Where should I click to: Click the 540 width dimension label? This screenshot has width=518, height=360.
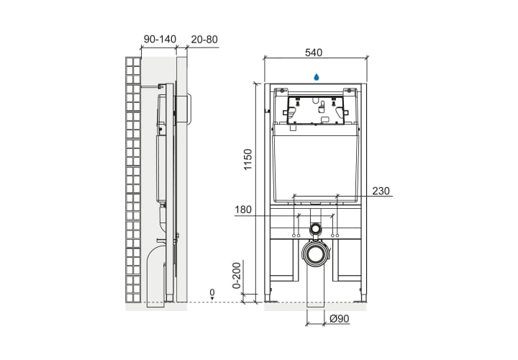(x=313, y=53)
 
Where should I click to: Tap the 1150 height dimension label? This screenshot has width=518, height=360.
(x=247, y=159)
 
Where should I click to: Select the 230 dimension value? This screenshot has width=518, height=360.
(x=381, y=191)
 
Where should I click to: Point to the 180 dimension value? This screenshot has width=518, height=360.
(x=243, y=210)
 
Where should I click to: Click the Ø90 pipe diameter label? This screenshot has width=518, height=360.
(x=340, y=319)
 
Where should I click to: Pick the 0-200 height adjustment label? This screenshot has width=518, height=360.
(x=237, y=275)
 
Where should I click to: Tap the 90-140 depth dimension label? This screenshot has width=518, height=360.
(x=160, y=40)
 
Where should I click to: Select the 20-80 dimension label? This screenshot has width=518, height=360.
(x=204, y=40)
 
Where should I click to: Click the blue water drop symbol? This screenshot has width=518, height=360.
(x=316, y=77)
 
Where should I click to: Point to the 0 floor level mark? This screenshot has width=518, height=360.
(x=212, y=292)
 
